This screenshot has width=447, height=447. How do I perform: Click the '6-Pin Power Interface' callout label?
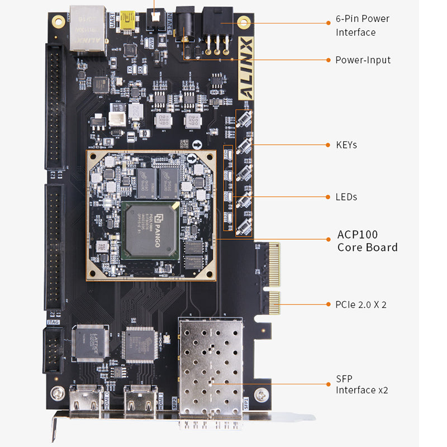(x=362, y=25)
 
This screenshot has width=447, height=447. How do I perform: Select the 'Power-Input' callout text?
(x=363, y=60)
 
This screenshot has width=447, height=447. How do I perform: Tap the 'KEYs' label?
(x=346, y=145)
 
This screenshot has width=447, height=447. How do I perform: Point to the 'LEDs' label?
(x=346, y=197)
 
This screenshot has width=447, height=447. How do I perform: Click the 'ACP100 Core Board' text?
(x=367, y=241)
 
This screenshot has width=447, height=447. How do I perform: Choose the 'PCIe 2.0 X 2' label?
(x=361, y=305)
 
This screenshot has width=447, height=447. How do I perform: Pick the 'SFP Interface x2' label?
(x=362, y=384)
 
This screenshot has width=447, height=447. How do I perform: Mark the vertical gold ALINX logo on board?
(x=246, y=66)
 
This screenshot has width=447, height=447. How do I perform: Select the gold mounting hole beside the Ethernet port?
(x=58, y=21)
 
